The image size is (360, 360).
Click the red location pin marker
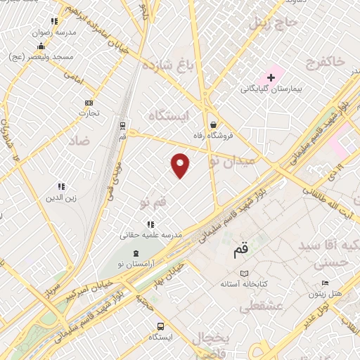coord(181,165)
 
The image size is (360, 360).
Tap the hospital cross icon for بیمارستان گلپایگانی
coord(271,77)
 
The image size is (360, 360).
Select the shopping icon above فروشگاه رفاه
coord(212,124)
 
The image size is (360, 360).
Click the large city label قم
coord(241,249)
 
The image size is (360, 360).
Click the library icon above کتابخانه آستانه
coord(244,274)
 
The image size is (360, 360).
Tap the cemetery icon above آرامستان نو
coord(136,253)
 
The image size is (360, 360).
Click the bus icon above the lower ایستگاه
coord(161,326)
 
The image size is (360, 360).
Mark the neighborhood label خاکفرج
coord(325,63)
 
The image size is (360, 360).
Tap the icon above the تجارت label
coord(89,103)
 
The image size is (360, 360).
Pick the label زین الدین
coord(61,198)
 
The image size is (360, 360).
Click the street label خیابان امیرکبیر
coord(94,291)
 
